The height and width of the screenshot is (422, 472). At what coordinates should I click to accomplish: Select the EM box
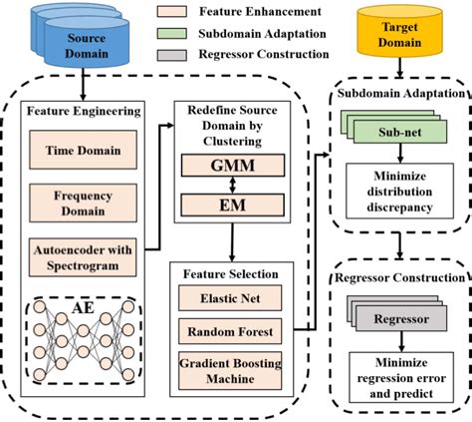tap(231, 206)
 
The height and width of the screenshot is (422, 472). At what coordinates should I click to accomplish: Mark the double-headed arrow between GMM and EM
tap(231, 184)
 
